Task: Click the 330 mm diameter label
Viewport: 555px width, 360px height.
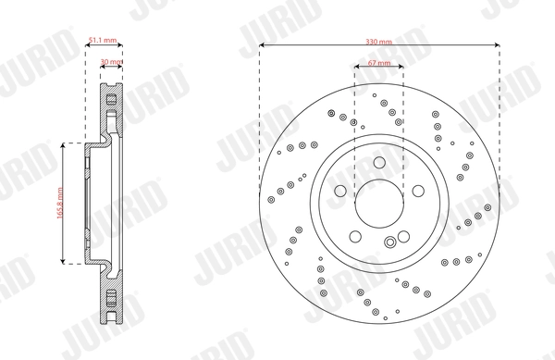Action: pyautogui.click(x=379, y=42)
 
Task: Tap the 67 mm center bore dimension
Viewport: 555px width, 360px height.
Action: pyautogui.click(x=379, y=63)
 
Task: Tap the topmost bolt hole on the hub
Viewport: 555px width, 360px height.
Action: pyautogui.click(x=379, y=164)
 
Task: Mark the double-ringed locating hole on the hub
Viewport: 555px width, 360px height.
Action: pyautogui.click(x=392, y=242)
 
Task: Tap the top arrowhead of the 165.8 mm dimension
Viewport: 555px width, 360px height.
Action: pyautogui.click(x=64, y=146)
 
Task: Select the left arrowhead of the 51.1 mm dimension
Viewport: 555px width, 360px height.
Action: pyautogui.click(x=88, y=45)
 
